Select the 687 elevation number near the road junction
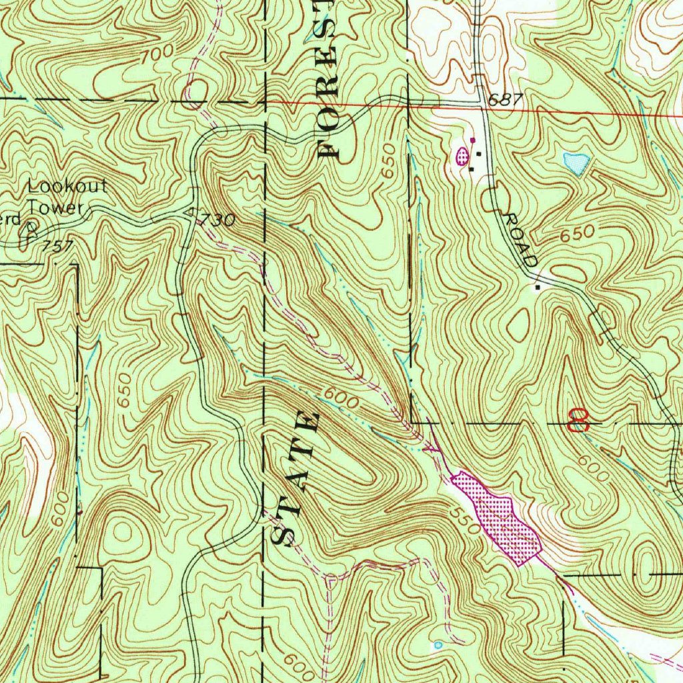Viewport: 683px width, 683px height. point(503,100)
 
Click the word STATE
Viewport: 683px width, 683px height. point(296,478)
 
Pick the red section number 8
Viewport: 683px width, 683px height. point(578,420)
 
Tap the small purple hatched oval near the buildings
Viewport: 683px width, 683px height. point(461,157)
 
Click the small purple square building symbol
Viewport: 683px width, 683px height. point(473,140)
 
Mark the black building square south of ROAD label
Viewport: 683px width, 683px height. point(539,287)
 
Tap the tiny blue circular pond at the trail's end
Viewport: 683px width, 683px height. point(438,645)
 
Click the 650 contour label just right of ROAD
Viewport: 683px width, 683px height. point(576,234)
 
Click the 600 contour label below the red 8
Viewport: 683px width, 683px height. point(593,467)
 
